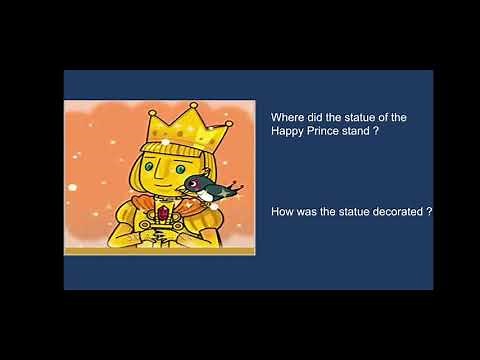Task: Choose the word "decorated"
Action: [x=392, y=211]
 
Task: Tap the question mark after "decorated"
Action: [x=428, y=211]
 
